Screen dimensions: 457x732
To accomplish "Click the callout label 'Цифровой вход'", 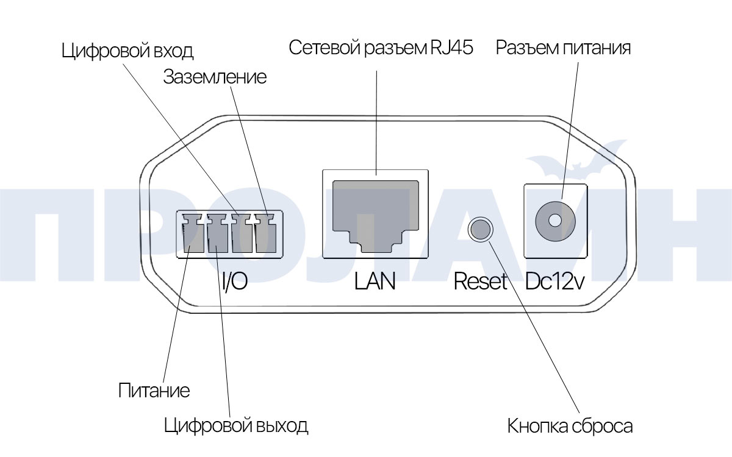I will [x=127, y=50].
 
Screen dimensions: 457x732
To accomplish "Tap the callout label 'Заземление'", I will [x=214, y=77].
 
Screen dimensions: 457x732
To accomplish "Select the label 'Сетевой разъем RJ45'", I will [x=381, y=48].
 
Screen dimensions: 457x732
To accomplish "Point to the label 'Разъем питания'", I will [x=562, y=48].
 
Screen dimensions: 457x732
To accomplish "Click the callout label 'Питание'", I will [x=154, y=390].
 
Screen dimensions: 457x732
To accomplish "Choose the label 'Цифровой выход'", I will [x=236, y=425].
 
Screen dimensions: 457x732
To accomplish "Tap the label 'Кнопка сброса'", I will [x=570, y=426].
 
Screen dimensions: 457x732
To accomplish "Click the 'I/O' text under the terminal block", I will [x=234, y=282].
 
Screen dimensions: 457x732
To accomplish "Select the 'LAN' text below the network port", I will [x=375, y=282].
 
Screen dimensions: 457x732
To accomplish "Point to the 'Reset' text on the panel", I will [x=481, y=282].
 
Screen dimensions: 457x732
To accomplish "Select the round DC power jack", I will [x=555, y=220].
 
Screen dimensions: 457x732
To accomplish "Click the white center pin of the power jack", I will [x=555, y=220].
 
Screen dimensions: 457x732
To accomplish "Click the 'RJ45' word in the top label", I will [x=450, y=48].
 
